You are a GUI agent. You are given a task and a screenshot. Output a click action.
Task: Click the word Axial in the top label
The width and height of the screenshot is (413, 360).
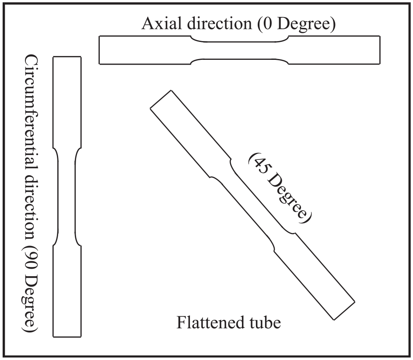coord(161,24)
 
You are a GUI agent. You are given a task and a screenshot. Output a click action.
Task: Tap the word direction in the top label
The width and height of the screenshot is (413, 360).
coord(220,24)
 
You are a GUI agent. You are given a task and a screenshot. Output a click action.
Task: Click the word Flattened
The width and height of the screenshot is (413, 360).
coord(210,322)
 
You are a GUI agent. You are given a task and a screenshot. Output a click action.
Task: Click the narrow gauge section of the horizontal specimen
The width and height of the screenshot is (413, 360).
coord(239,50)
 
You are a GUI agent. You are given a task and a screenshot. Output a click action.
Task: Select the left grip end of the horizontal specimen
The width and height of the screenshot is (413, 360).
coord(145,50)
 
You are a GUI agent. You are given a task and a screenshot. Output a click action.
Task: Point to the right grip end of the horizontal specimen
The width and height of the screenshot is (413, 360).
coord(334,50)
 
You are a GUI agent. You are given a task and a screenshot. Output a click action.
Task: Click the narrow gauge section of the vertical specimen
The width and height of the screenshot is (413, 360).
coord(67,197)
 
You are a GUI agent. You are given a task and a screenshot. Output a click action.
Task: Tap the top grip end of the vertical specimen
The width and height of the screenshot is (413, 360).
coord(67,102)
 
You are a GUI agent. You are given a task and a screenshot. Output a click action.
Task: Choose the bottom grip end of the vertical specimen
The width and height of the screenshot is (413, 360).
coord(67,291)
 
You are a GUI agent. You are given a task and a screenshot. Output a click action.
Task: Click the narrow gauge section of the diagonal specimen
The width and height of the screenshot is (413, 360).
coord(252,205)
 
